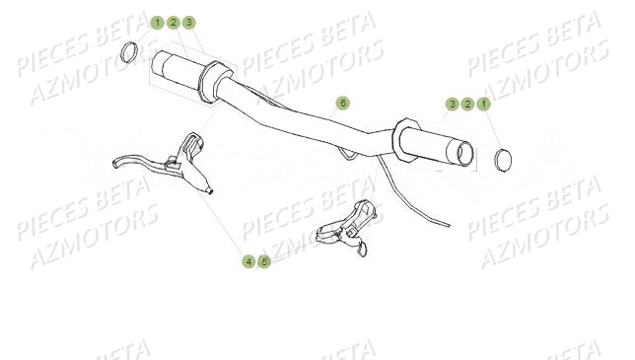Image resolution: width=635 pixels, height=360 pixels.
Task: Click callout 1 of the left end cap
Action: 157,22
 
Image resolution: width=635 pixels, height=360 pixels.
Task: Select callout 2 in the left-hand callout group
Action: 173,22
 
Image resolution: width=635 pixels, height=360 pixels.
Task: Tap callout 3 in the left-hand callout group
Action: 188,22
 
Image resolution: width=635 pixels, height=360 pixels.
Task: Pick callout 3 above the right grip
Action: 452,104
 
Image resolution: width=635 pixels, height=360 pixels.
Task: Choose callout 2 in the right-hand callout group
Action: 467,104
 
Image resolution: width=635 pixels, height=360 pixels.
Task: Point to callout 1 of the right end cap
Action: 483,104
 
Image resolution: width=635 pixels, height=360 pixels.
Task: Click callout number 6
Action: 342,103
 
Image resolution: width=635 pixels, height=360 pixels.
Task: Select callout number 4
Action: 248,261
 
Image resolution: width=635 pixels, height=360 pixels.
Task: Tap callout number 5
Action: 264,261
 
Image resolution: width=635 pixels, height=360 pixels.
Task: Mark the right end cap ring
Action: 503,158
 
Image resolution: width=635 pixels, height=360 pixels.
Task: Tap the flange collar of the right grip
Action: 404,139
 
